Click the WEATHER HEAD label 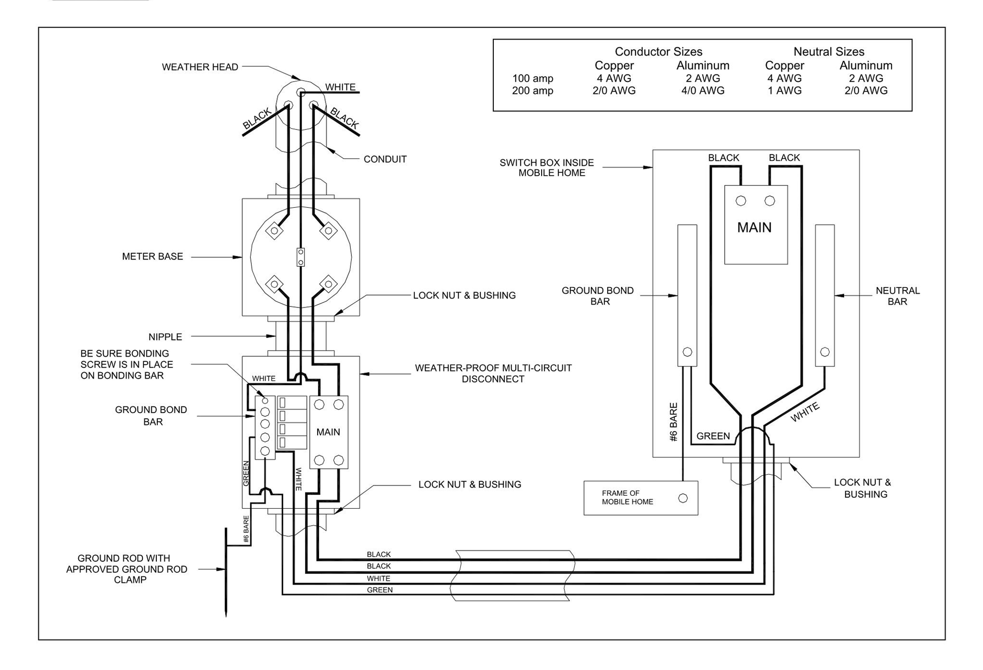[x=200, y=67]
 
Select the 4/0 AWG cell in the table [x=702, y=91]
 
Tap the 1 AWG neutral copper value [x=784, y=91]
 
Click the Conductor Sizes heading [x=658, y=52]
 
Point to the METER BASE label [x=152, y=256]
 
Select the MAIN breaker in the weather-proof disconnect [x=328, y=432]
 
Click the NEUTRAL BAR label [x=897, y=296]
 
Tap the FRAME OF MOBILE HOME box [x=640, y=498]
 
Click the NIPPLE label [x=165, y=337]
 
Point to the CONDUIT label [x=385, y=159]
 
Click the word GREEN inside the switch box [x=713, y=436]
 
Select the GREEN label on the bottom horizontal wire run [x=379, y=590]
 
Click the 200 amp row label [x=532, y=91]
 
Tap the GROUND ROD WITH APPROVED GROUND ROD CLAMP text [x=126, y=569]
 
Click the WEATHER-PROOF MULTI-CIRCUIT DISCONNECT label [x=493, y=373]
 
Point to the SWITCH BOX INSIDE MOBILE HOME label [x=547, y=167]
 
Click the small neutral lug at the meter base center [x=301, y=257]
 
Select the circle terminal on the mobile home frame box [x=683, y=498]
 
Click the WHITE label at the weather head [x=340, y=87]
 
